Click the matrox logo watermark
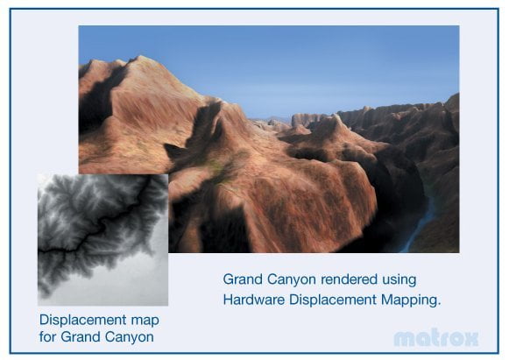(436, 338)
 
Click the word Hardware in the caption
(254, 300)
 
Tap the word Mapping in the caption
(411, 300)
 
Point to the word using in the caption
(399, 280)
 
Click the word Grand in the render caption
(243, 279)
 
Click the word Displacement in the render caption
(333, 300)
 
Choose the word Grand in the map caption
(81, 336)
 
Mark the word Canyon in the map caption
(129, 337)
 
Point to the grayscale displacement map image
(103, 240)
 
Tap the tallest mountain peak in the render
(140, 59)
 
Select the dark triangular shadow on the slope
(176, 151)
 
